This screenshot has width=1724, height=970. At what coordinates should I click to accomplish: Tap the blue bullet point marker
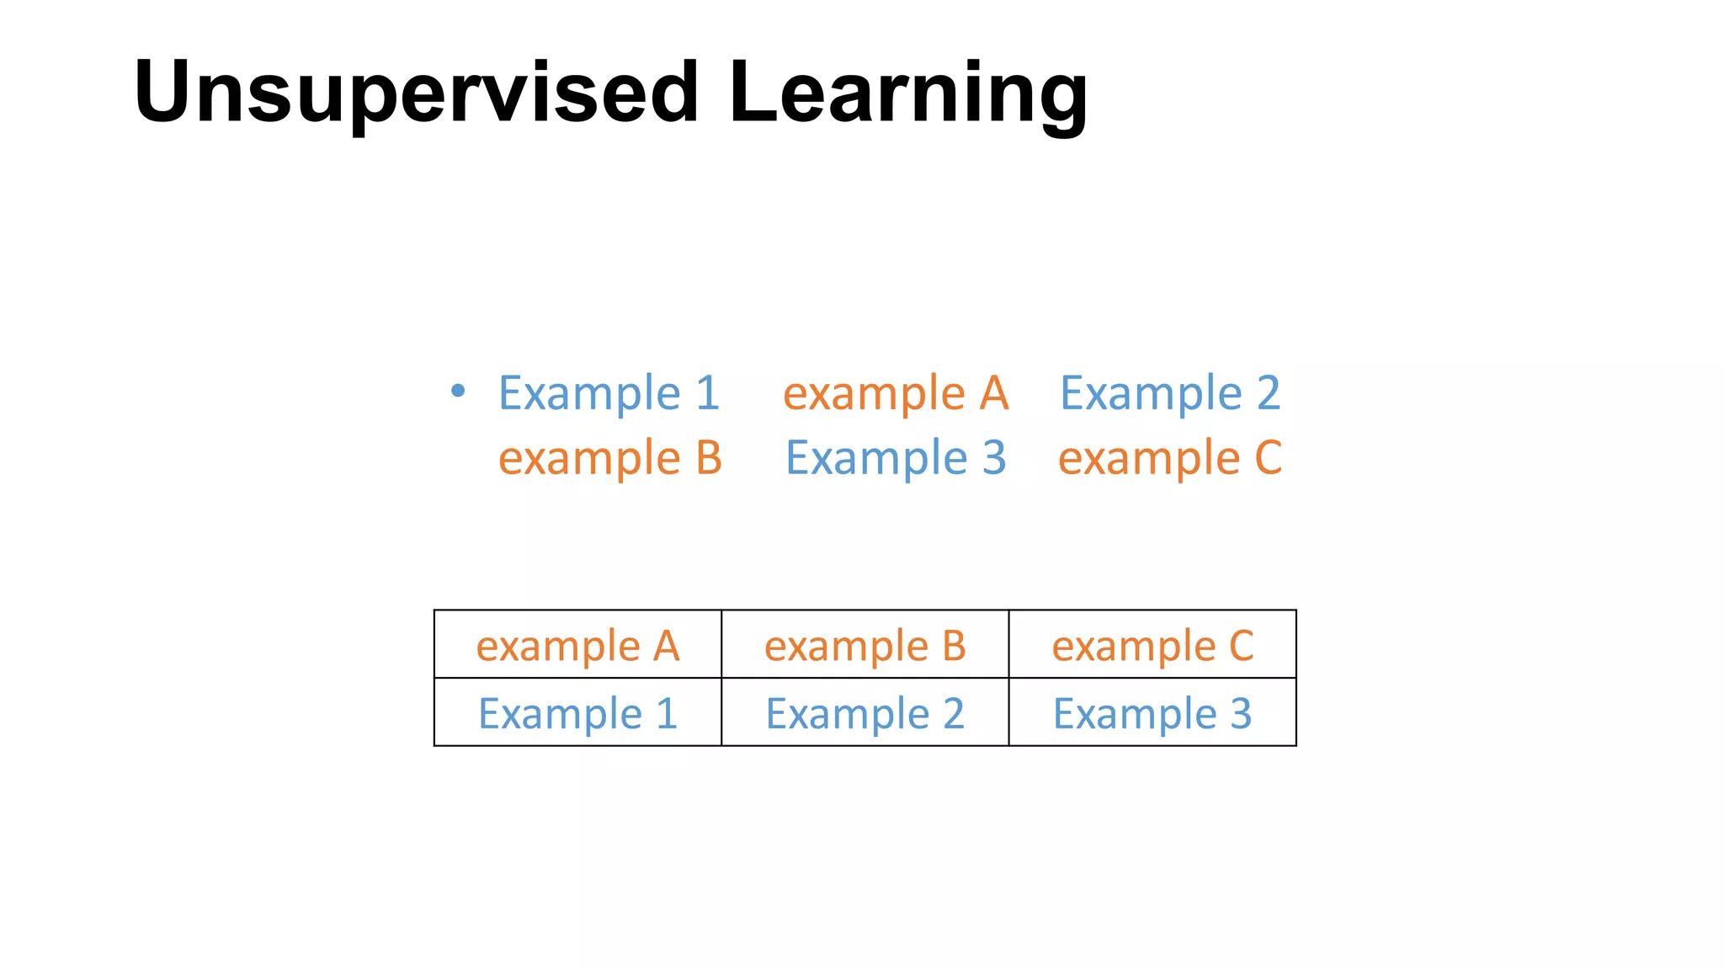(457, 390)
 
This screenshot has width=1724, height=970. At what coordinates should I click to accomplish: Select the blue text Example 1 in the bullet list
(609, 393)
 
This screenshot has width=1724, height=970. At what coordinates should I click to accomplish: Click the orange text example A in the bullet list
(896, 393)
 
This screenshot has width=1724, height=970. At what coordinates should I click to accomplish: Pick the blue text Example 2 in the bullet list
(1170, 393)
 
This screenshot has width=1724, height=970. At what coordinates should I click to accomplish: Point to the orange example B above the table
(610, 458)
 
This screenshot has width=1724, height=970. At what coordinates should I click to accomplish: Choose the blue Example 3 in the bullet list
(896, 458)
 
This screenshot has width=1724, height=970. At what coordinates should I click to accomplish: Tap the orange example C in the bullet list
(1170, 458)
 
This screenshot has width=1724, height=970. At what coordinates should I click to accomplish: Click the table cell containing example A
(577, 645)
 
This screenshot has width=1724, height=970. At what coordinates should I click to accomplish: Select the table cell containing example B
(865, 645)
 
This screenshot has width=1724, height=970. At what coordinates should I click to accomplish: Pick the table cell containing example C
(1152, 645)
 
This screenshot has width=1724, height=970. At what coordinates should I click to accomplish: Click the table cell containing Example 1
(577, 713)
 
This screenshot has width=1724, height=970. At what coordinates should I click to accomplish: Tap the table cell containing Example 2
(865, 713)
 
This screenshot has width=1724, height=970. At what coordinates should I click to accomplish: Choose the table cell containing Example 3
(1152, 713)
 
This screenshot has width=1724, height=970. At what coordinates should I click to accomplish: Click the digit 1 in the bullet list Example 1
(708, 393)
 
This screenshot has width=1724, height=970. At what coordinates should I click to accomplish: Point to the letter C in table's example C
(1242, 646)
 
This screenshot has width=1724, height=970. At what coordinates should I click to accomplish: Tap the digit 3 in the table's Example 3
(1241, 713)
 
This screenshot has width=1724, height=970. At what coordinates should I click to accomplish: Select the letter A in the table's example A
(666, 646)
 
